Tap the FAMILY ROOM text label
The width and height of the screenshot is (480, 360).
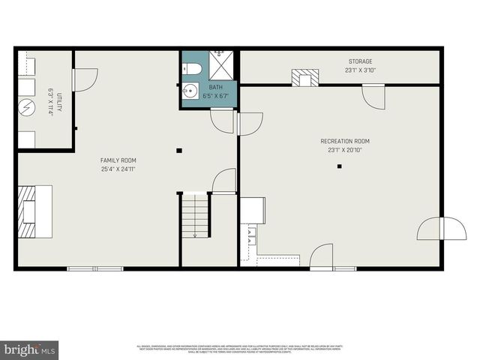point(118,160)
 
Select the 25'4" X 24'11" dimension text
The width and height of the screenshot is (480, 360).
point(118,169)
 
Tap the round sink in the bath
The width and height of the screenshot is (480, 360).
point(189,93)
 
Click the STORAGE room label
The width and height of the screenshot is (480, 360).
point(359,61)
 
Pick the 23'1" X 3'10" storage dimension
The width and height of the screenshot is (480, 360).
point(359,70)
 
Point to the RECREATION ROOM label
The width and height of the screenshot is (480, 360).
point(344,141)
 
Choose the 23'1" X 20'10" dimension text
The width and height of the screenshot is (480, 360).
point(344,150)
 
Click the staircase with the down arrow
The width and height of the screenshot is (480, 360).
point(195,216)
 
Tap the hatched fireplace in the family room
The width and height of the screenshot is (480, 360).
point(27,211)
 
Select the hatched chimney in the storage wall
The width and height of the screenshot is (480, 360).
point(304,77)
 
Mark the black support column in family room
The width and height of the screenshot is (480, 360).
point(179,151)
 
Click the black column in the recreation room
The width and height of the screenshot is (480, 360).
point(339,166)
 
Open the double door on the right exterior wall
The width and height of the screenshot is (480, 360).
point(442,228)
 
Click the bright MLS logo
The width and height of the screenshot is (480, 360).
point(29,349)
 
